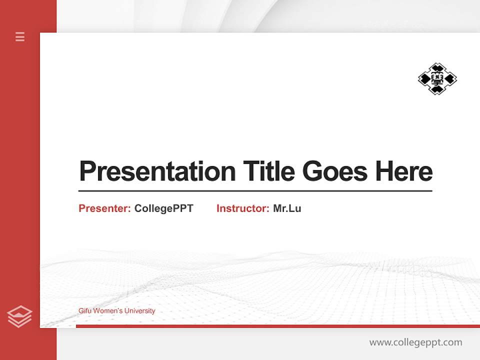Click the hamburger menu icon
[x=20, y=36]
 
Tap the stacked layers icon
[x=19, y=316]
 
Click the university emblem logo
[x=437, y=78]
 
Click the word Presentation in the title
[x=157, y=171]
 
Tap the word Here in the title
[x=403, y=171]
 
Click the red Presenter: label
[x=104, y=208]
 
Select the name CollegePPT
[x=163, y=208]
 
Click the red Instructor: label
[x=242, y=208]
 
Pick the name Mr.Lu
[x=287, y=208]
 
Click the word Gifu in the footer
[x=84, y=311]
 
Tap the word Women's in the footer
[x=107, y=311]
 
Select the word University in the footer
[x=140, y=311]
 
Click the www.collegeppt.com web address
[x=415, y=342]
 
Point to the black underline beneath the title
[x=255, y=190]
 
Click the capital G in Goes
[x=312, y=171]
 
